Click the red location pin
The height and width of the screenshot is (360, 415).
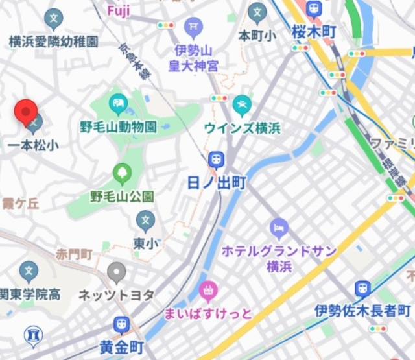26,113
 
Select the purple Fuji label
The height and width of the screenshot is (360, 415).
119,10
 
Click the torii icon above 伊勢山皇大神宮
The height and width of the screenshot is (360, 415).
193,27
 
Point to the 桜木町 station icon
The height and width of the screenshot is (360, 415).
314,9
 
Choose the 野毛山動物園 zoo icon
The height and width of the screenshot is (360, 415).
118,102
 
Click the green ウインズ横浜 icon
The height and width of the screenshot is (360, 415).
242,103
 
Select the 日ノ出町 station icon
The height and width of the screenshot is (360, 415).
216,159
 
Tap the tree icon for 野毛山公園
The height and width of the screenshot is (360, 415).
121,172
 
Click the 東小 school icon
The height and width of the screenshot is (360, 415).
146,221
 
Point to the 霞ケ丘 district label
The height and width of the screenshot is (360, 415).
20,204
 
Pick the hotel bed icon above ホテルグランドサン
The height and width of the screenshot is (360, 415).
278,227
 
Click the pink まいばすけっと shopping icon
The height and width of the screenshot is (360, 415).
209,290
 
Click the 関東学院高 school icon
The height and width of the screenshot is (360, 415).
29,270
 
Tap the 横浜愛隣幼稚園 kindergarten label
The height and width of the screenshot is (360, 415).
54,42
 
